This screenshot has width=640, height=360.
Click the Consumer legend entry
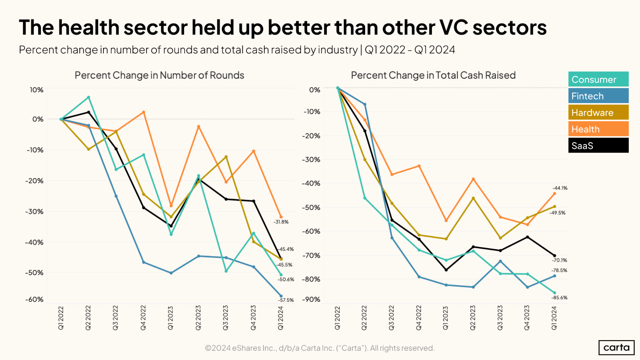(598, 79)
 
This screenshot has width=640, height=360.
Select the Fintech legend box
(598, 96)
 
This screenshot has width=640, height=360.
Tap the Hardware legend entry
(598, 113)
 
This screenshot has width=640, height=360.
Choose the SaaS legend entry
(598, 146)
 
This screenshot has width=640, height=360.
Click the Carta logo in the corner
(616, 348)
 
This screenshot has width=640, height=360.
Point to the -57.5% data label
(286, 300)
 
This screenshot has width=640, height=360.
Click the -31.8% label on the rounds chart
(281, 222)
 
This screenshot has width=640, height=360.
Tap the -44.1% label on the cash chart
(560, 188)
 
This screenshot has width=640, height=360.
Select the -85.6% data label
(559, 298)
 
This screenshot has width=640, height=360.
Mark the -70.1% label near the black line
(559, 260)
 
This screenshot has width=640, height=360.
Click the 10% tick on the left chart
(36, 90)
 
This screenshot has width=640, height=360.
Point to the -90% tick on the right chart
(311, 300)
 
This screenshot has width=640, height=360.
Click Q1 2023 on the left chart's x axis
(171, 318)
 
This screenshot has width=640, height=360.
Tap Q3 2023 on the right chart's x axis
(500, 318)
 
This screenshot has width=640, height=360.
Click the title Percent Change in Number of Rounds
(159, 75)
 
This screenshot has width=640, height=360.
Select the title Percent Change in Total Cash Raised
(433, 75)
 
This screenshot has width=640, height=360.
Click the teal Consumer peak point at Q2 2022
(89, 97)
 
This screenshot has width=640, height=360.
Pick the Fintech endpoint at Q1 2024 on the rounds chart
(281, 296)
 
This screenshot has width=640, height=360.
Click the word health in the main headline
(89, 28)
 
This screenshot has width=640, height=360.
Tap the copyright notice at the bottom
(320, 348)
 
